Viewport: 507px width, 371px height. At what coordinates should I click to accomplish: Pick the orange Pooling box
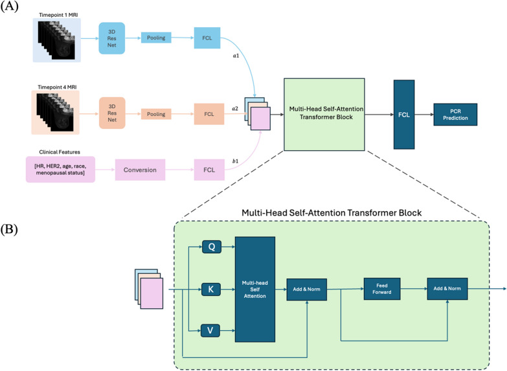pyautogui.click(x=156, y=114)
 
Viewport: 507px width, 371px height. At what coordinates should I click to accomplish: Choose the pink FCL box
pyautogui.click(x=208, y=170)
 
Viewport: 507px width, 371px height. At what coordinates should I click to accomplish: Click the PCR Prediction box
pyautogui.click(x=455, y=114)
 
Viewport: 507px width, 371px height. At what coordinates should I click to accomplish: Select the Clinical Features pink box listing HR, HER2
pyautogui.click(x=60, y=171)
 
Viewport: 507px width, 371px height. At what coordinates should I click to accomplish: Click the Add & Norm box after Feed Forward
pyautogui.click(x=447, y=288)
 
